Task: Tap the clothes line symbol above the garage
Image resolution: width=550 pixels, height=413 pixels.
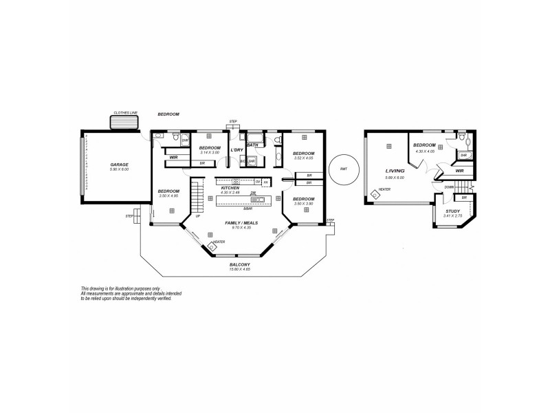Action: pos(124,122)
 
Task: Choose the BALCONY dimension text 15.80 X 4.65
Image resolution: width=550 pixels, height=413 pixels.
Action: pos(240,269)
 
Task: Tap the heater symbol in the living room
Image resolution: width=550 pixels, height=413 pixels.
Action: pos(375,195)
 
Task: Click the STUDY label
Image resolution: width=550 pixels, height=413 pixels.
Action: pos(452,211)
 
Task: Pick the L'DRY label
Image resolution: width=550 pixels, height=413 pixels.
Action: pos(236,149)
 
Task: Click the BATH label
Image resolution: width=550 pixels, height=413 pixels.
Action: pos(252,145)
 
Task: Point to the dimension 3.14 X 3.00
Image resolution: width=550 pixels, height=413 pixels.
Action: pos(210,153)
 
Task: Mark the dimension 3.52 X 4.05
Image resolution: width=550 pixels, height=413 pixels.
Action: pos(303,158)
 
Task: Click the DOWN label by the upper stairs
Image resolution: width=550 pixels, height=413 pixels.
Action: pos(448,187)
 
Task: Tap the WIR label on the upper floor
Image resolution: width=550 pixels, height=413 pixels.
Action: pos(459,171)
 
